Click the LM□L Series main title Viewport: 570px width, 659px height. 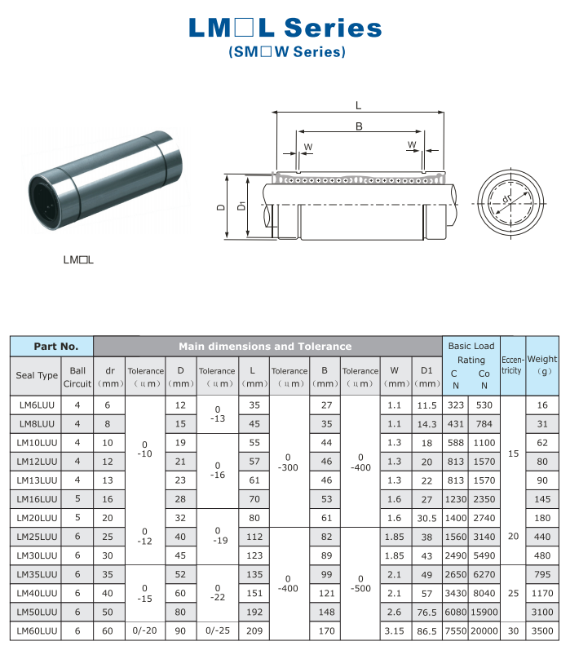(x=285, y=29)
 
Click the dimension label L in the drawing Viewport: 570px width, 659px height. (x=359, y=104)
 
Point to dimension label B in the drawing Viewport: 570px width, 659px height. (x=359, y=126)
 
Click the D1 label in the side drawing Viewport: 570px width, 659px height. (x=241, y=207)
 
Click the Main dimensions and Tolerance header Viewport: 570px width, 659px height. (x=265, y=346)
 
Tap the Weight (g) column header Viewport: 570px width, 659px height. (x=542, y=365)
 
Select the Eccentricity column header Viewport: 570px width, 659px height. (x=512, y=365)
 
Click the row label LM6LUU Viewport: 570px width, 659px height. (x=38, y=405)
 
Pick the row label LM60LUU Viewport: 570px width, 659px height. (x=38, y=630)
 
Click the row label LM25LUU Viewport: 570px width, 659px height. (x=38, y=537)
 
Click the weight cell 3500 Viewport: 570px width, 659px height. (x=542, y=630)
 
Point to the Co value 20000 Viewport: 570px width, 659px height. (x=484, y=630)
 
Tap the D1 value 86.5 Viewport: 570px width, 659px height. (x=426, y=630)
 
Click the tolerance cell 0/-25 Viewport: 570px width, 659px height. (x=217, y=630)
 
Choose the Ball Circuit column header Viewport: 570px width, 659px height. (x=77, y=376)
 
